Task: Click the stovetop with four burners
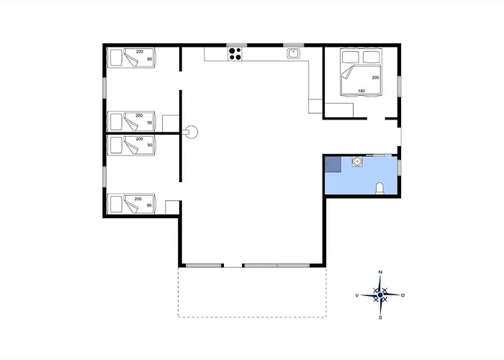235,54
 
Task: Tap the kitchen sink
293,53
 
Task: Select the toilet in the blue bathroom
380,189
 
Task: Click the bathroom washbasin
357,161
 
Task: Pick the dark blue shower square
333,164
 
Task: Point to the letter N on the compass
381,272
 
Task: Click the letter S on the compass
381,318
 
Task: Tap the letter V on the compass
357,295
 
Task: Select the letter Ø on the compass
403,295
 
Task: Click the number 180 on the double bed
361,91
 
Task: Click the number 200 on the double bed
375,78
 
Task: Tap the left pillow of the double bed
351,57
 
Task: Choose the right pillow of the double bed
372,57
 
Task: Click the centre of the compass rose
381,294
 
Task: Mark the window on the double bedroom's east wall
399,86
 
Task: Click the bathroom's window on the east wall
399,168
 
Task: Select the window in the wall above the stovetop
237,45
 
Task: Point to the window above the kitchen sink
294,45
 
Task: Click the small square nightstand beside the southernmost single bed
172,207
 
